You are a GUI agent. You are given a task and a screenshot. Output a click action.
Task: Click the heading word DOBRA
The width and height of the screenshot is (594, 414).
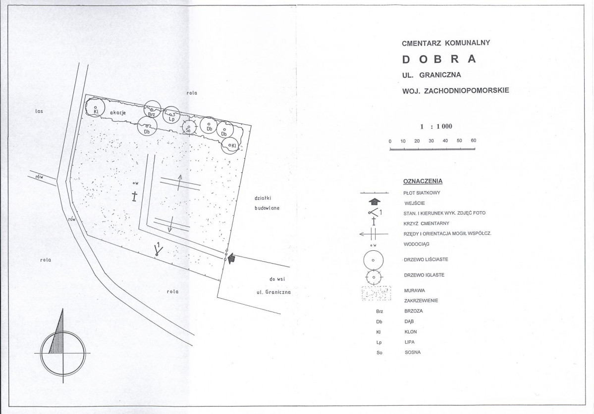tap(438, 59)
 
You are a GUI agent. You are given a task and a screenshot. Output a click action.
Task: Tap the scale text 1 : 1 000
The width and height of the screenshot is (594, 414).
tap(436, 126)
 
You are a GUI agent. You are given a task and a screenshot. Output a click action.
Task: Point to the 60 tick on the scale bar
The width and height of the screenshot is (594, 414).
tap(474, 140)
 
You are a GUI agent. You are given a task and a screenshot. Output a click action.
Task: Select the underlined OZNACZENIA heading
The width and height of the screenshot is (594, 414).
tap(423, 181)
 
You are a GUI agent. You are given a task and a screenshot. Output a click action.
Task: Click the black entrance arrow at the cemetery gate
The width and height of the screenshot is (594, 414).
tap(231, 258)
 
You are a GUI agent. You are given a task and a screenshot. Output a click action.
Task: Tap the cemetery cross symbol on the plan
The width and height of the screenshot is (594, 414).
tap(134, 196)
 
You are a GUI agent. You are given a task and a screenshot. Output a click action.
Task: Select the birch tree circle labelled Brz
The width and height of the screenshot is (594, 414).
tap(152, 110)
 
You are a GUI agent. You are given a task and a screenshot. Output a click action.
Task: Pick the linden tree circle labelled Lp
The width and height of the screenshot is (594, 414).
tap(171, 115)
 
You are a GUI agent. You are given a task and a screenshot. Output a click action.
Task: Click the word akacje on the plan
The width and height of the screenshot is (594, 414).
tap(118, 113)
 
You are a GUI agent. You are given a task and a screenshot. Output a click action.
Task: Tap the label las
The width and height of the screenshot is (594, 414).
tap(39, 111)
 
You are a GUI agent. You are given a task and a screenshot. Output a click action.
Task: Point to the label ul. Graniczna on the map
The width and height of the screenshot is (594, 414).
tap(273, 292)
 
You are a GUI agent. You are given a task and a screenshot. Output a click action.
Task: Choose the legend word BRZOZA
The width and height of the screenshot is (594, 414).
tap(414, 311)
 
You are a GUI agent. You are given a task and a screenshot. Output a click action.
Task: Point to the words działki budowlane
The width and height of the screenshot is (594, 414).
tap(267, 203)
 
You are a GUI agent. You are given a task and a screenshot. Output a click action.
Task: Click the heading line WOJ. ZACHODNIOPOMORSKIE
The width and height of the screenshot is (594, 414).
tap(455, 91)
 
